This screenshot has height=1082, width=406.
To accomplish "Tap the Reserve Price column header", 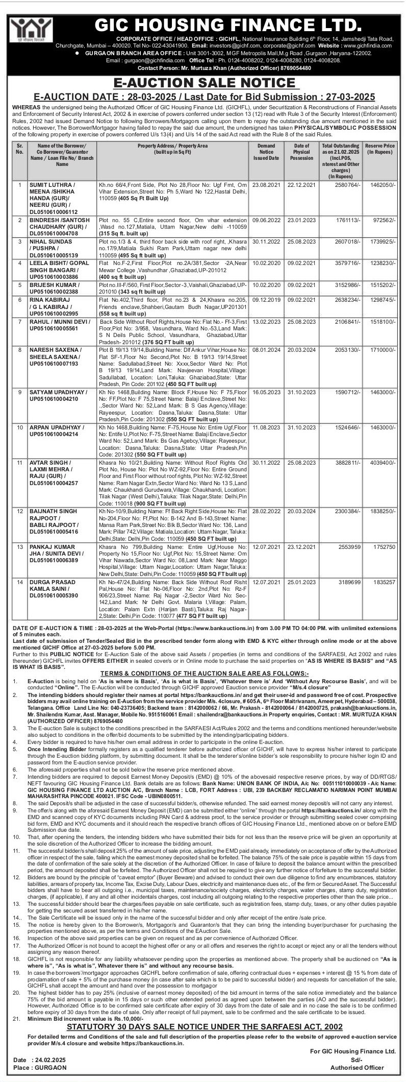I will (380, 149).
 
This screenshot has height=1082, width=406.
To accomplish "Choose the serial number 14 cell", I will (20, 582).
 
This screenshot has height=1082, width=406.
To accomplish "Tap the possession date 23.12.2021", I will (302, 547).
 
